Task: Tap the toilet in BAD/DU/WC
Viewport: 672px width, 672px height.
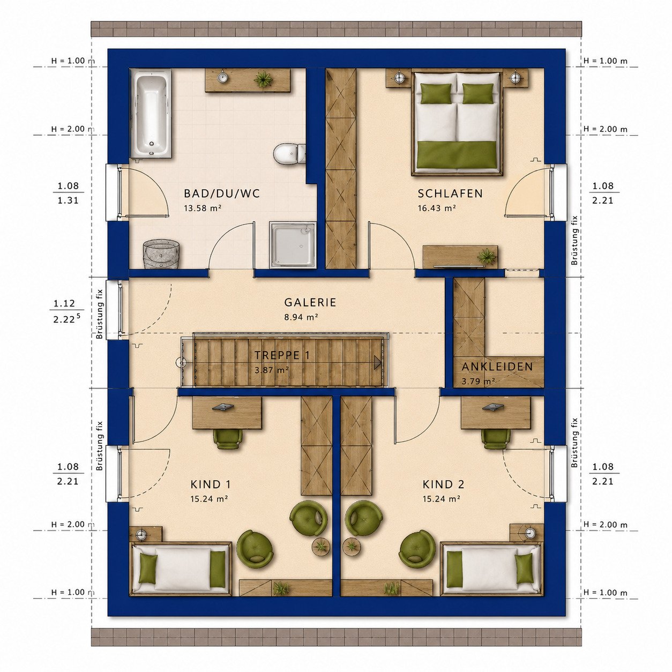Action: coord(289,153)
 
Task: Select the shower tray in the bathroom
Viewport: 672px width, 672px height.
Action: coord(292,245)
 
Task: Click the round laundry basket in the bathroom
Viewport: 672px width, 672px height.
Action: coord(161,253)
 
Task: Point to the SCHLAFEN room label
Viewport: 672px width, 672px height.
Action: coord(450,193)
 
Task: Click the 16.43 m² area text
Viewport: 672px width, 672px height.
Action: coord(437,208)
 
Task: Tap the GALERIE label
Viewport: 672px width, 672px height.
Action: coord(310,302)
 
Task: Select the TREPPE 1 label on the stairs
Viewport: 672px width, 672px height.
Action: coord(282,355)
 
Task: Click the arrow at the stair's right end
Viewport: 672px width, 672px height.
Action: coord(377,363)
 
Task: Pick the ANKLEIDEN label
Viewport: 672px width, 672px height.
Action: coord(497,367)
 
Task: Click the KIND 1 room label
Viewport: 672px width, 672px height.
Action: coord(210,484)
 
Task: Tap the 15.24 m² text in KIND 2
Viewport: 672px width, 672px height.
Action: coord(442,499)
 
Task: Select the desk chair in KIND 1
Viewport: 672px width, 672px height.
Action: coord(228,438)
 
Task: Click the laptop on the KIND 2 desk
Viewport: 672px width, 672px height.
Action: coord(492,407)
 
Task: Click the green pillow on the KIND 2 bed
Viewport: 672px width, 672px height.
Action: coord(524,569)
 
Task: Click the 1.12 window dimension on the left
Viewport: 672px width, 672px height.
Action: coord(64,303)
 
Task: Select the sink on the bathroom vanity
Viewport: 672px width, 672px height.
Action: coord(222,77)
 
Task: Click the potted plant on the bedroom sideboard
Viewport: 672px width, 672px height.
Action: coord(487,257)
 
